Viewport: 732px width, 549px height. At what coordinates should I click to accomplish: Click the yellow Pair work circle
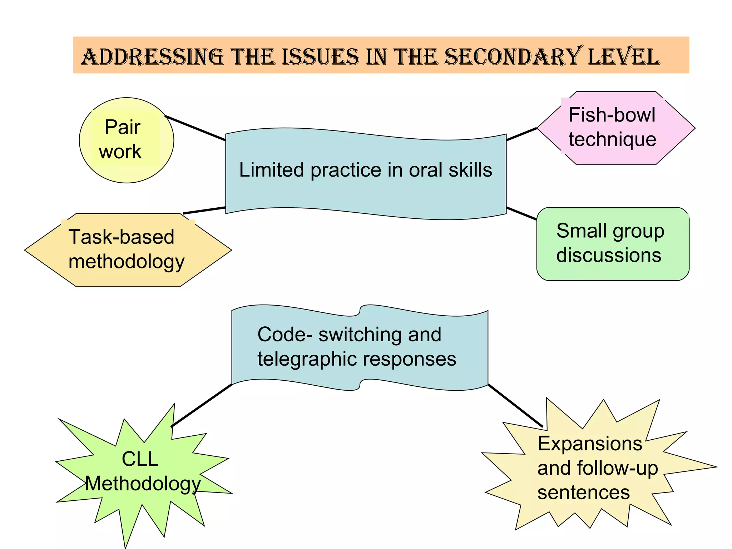pos(126,140)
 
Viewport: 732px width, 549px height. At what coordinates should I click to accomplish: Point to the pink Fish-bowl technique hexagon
pos(615,128)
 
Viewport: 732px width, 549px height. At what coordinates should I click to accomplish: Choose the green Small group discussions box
pos(612,244)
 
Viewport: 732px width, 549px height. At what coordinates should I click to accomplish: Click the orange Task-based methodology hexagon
pos(128,250)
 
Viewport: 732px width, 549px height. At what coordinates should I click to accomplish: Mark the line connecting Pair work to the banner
pos(195,128)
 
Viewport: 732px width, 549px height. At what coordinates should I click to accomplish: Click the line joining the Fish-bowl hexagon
pos(521,134)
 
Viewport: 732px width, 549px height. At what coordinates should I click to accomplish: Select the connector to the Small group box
pos(521,213)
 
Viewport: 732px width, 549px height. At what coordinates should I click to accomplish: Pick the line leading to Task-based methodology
pos(204,210)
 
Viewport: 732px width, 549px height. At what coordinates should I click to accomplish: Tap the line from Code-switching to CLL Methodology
pos(202,405)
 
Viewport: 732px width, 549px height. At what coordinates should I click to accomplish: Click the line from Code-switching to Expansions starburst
pos(515,405)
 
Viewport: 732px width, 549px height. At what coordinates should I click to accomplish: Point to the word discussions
pos(609,256)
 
